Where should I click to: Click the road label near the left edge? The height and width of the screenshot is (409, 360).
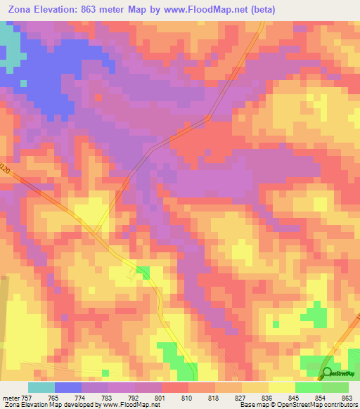[x=6, y=170]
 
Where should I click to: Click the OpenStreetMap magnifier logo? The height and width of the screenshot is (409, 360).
[x=328, y=372]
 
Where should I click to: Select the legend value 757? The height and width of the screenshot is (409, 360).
[x=26, y=397]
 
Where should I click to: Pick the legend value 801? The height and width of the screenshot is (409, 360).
[x=160, y=397]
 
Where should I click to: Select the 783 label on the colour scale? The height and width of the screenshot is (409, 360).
[x=107, y=397]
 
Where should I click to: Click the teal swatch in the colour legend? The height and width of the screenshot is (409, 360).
[x=41, y=387]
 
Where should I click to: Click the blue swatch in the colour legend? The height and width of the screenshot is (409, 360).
[x=68, y=387]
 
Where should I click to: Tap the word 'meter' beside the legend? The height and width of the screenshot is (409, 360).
[x=10, y=397]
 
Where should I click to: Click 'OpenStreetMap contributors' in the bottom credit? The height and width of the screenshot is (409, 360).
[x=319, y=405]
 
